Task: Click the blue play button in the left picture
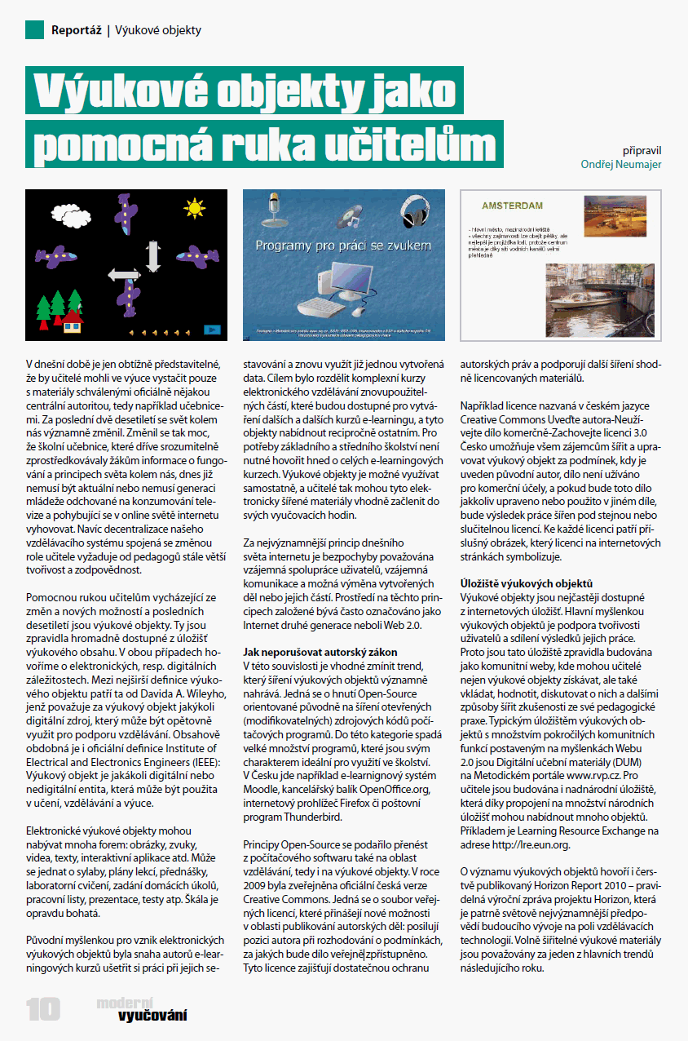click(212, 329)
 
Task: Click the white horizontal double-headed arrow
click(125, 277)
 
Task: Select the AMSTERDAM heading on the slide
click(513, 206)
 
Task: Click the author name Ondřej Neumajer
click(621, 164)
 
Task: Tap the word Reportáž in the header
click(76, 31)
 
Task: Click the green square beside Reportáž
click(34, 30)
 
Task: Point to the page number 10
click(43, 1008)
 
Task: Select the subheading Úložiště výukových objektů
click(527, 583)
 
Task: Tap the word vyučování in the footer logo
click(152, 1016)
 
